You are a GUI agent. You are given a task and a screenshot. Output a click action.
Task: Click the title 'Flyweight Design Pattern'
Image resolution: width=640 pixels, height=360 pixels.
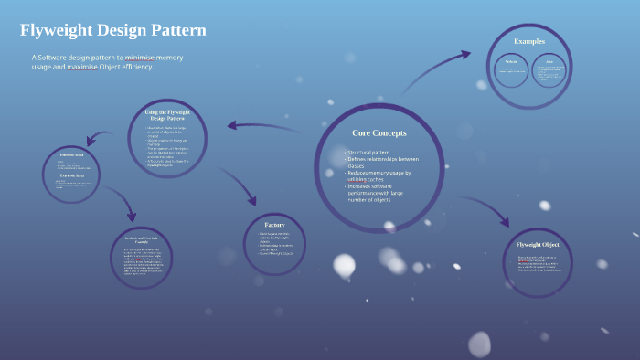click(113, 30)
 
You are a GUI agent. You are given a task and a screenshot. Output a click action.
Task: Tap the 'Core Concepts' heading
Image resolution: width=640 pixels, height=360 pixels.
click(379, 132)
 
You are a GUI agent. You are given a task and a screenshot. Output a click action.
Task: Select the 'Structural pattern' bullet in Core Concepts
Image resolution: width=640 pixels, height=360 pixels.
click(369, 152)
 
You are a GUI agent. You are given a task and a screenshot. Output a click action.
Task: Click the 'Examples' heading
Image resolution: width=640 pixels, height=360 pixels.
click(528, 41)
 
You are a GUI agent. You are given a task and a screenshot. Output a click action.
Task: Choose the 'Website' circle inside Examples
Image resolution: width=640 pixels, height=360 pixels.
click(511, 69)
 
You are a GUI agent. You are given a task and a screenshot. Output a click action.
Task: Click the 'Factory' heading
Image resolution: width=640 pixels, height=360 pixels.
click(274, 225)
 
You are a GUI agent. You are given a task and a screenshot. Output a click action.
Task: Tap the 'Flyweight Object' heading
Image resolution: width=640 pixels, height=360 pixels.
click(539, 245)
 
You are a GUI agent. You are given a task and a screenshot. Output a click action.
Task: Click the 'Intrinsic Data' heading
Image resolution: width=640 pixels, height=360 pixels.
click(71, 155)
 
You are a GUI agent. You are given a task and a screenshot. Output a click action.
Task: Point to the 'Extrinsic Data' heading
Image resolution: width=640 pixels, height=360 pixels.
click(71, 174)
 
